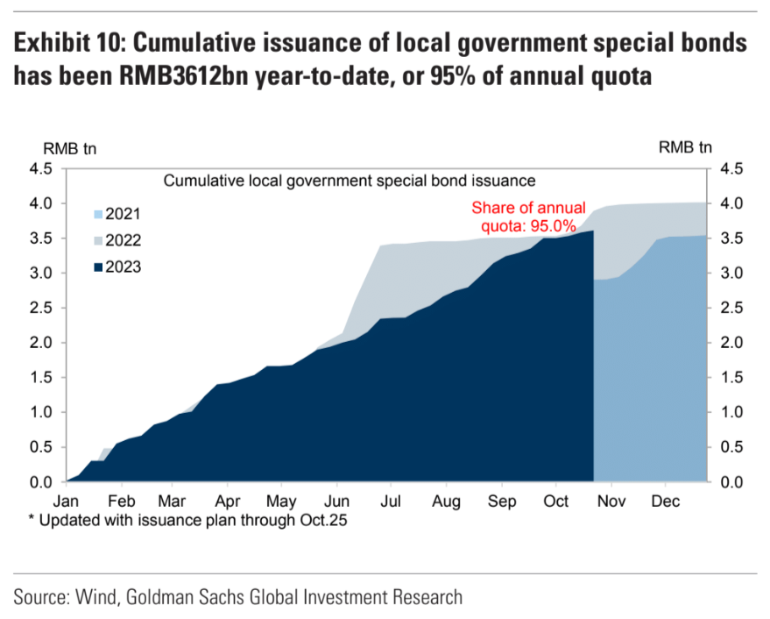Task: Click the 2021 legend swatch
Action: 98,213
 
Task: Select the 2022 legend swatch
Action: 98,239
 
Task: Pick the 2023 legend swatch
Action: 98,267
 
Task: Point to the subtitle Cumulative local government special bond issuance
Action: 349,181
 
